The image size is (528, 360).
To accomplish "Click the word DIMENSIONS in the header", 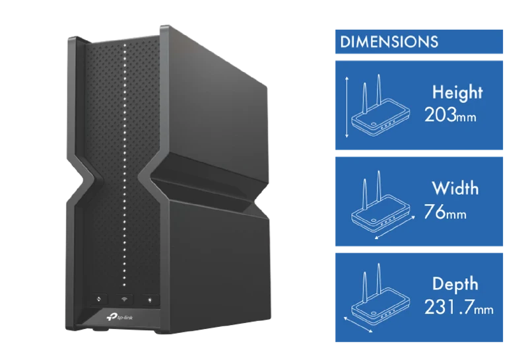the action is click(x=389, y=42).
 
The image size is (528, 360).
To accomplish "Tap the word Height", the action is click(x=457, y=92).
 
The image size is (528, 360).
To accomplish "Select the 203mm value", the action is click(x=450, y=115).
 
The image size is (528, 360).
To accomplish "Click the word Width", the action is click(x=455, y=188).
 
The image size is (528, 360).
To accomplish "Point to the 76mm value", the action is click(x=445, y=211).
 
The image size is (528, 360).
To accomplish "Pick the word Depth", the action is click(x=455, y=284).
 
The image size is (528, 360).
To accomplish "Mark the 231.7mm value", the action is click(x=459, y=307).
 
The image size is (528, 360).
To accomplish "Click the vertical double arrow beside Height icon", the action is click(x=347, y=107).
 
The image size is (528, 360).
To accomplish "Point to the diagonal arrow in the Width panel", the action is click(x=395, y=228).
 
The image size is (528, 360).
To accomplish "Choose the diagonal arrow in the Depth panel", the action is click(x=358, y=324).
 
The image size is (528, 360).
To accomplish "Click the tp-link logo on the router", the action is click(x=120, y=317).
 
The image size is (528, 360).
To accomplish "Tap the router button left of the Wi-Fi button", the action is click(x=98, y=299).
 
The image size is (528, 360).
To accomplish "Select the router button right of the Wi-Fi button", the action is click(x=150, y=299).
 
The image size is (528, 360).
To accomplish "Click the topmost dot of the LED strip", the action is click(x=125, y=45).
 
